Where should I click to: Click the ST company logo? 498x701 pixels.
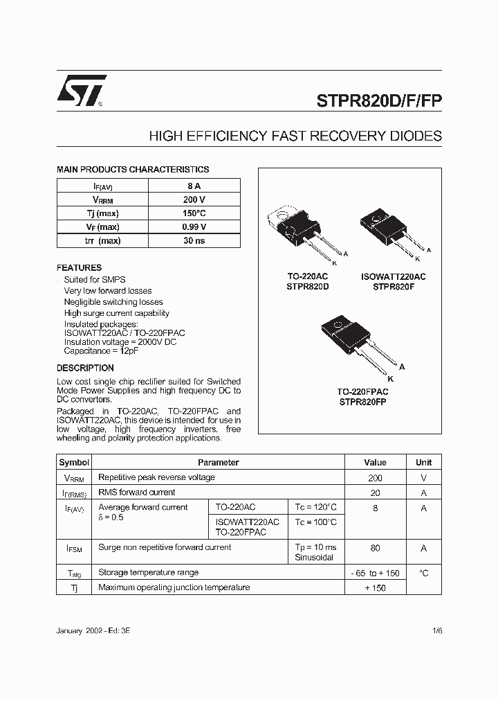81,91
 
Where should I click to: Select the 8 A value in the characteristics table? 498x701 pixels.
194,186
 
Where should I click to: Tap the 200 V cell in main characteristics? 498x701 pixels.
194,199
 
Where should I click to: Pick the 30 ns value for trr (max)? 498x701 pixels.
194,240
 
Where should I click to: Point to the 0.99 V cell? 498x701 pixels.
194,227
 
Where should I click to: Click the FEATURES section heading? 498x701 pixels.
79,267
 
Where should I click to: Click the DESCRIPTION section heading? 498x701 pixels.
85,368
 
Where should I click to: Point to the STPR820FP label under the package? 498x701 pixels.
363,401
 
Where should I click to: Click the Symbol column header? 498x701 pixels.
74,462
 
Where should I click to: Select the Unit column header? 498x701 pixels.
423,462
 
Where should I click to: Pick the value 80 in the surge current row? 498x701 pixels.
375,548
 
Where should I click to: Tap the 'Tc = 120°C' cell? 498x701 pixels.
315,507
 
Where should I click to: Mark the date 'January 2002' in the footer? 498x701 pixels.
80,632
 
